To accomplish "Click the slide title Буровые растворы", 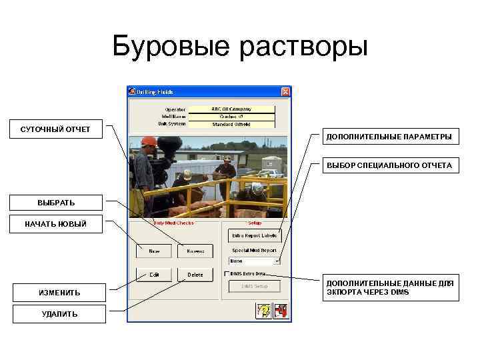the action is coord(240,47).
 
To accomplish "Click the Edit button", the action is coord(154,274).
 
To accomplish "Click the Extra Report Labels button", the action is coord(255,235).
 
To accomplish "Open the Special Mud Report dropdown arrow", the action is coord(277,261).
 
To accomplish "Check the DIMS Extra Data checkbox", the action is coord(227,273).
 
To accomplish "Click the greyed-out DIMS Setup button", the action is coord(255,286).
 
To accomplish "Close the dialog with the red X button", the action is coord(285,91).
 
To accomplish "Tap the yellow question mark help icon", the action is coord(263,310).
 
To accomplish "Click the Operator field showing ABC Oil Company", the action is coord(231,109).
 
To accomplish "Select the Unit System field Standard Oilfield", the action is coord(231,123).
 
